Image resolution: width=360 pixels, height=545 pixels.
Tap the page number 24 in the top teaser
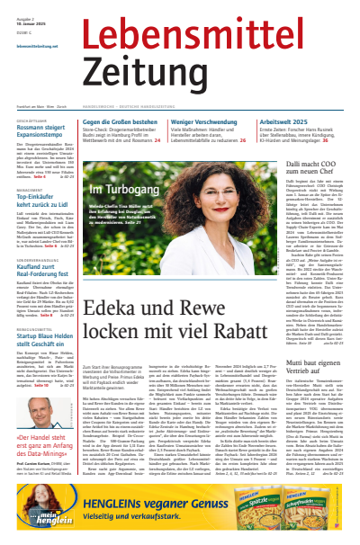pos(157,140)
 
